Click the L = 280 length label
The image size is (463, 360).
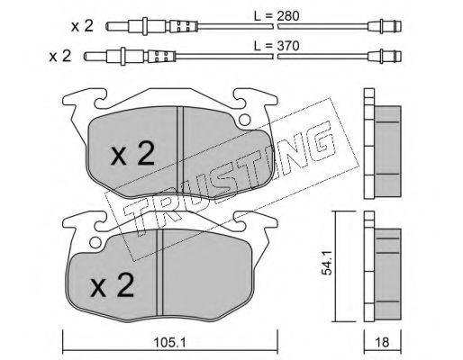click(277, 16)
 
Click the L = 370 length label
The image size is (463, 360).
click(277, 46)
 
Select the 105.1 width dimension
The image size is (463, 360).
click(169, 342)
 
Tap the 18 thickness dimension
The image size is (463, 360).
click(382, 342)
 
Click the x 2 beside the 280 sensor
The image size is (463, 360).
click(82, 26)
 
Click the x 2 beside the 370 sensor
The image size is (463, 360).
click(60, 56)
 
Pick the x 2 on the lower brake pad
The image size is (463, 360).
click(112, 284)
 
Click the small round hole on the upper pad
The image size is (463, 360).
click(245, 120)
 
